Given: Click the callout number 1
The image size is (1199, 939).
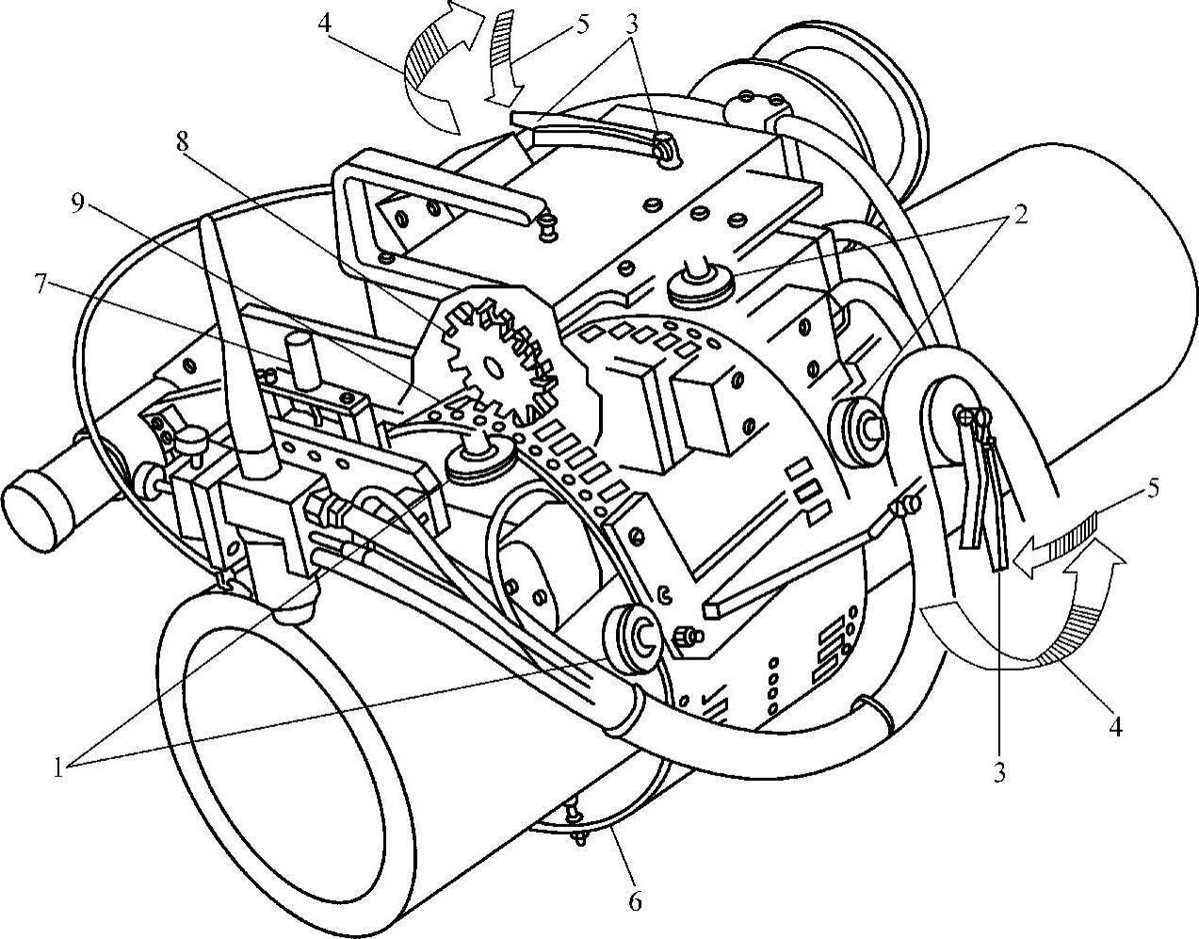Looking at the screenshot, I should pyautogui.click(x=58, y=768).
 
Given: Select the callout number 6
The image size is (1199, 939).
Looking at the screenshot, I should pyautogui.click(x=635, y=902).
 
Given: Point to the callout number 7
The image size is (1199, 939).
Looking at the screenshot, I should pyautogui.click(x=41, y=285).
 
